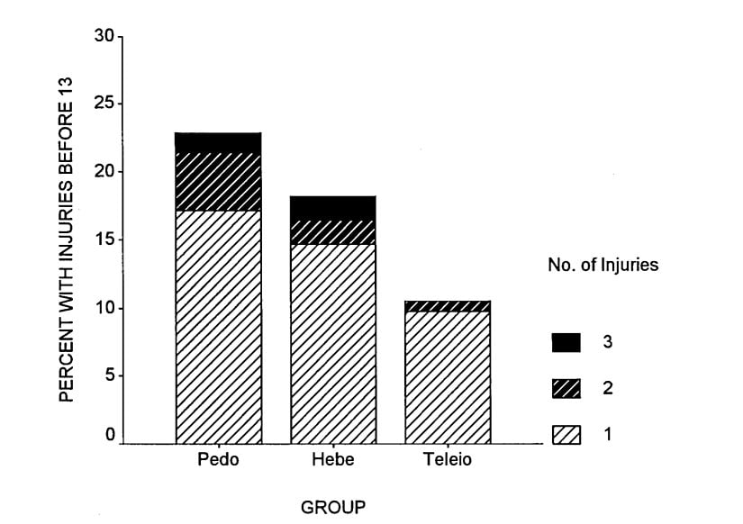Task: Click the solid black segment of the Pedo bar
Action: pos(218,142)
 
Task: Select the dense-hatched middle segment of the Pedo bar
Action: pos(218,181)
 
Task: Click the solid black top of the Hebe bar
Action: pos(332,207)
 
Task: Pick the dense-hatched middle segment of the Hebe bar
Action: pos(332,231)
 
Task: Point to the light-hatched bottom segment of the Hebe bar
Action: pos(332,343)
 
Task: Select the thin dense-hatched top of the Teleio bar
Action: pos(448,306)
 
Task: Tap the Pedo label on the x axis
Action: pos(217,460)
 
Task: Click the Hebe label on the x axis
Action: pos(332,460)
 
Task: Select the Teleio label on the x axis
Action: pos(448,460)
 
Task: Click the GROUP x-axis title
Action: pos(333,508)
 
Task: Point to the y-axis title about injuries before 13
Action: pos(67,239)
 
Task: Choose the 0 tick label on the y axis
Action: pos(109,435)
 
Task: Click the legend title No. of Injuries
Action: pos(603,266)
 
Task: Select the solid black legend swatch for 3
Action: pos(566,342)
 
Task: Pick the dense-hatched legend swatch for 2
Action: pos(566,389)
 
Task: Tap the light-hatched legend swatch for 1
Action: pos(566,435)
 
